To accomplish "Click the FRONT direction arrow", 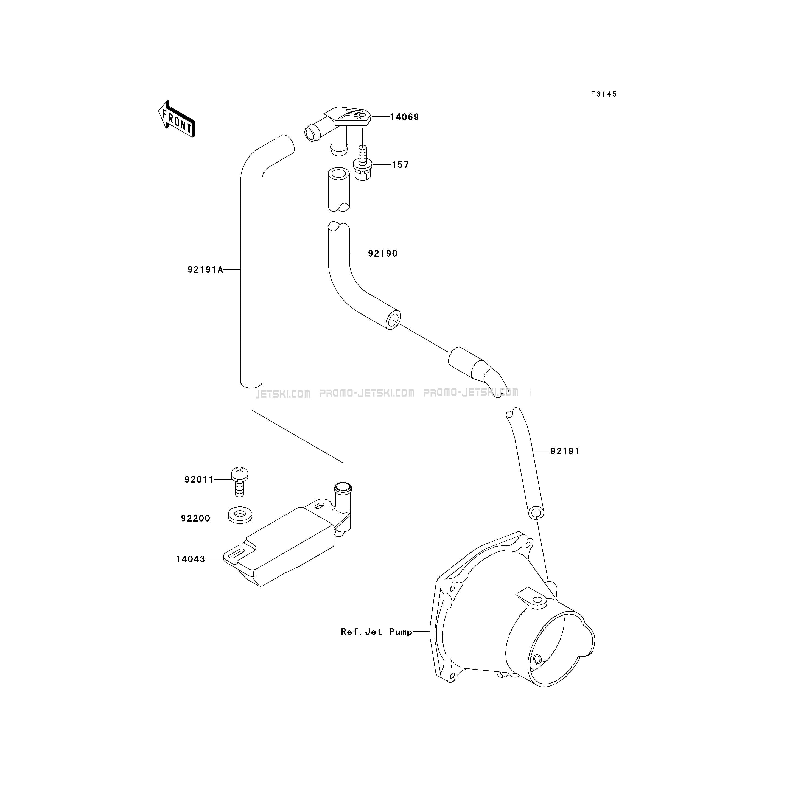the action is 177,119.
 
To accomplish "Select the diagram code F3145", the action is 604,94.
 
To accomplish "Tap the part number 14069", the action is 404,117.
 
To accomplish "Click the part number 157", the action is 400,165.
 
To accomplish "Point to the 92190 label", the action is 382,253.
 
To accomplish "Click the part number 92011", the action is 199,480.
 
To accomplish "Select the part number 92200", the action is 195,518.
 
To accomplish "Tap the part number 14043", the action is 190,559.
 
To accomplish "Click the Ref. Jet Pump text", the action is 376,632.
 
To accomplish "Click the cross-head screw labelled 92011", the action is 240,481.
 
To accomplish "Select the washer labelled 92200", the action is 240,515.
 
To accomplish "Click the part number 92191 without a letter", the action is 565,451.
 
